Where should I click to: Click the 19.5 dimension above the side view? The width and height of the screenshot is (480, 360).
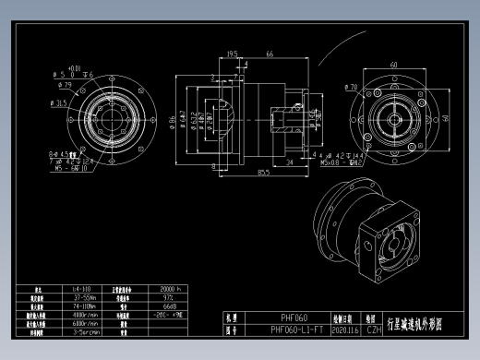232,55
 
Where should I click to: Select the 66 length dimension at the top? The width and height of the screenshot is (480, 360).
270,55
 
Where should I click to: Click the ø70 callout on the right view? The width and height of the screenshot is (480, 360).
352,88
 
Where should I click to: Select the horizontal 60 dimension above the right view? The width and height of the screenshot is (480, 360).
393,66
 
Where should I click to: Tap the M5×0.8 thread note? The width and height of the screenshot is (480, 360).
331,162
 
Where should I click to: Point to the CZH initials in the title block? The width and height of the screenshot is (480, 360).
374,329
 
